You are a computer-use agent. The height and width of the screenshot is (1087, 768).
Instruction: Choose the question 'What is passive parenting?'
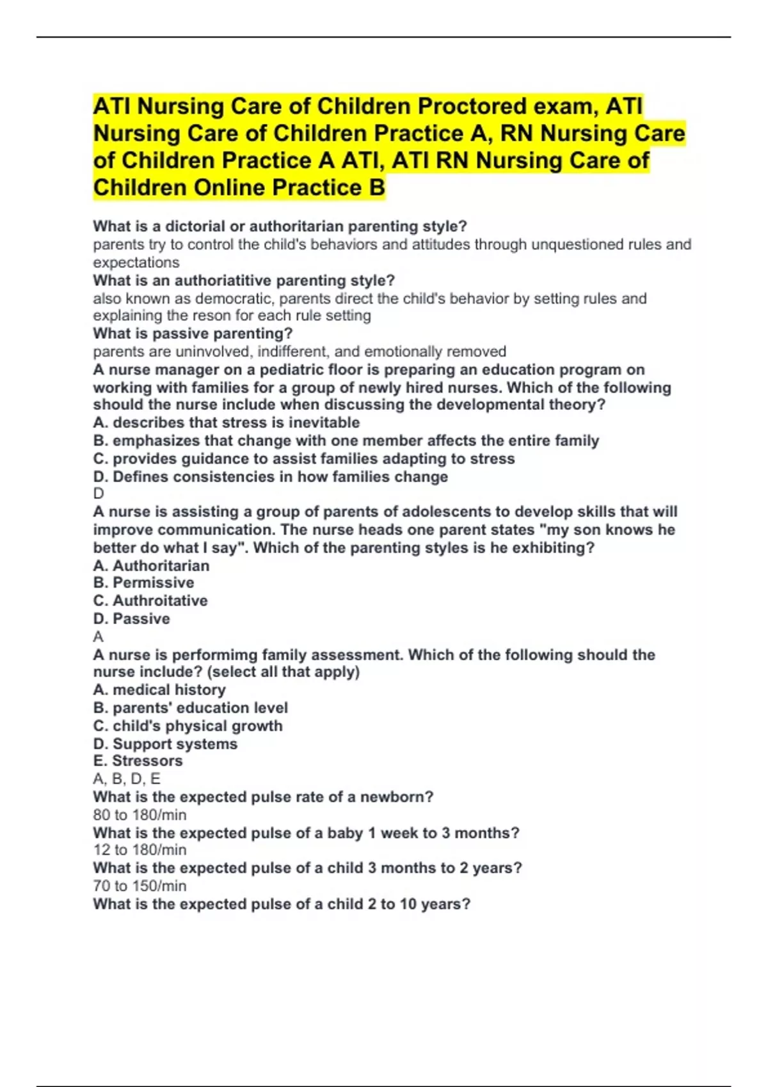coord(193,334)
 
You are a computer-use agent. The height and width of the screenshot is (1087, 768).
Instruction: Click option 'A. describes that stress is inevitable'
coord(226,423)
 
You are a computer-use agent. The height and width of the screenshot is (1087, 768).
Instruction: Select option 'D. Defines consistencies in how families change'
coord(270,477)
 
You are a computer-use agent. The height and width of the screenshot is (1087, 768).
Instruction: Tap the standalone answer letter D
coord(99,494)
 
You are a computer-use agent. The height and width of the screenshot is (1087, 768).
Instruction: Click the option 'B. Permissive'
coord(143,583)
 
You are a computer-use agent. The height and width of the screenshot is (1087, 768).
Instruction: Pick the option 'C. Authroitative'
coord(150,601)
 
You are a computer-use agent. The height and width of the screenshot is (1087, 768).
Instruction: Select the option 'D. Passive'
coord(131,619)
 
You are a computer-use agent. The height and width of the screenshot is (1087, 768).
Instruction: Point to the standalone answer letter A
coord(98,637)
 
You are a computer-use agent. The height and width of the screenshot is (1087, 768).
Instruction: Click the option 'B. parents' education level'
coord(190,708)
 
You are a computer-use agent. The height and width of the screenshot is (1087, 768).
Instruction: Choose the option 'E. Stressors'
coord(138,761)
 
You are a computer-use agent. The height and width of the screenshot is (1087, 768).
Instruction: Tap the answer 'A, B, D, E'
coord(127,779)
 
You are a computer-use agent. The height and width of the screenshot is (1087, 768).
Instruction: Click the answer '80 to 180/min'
coord(140,815)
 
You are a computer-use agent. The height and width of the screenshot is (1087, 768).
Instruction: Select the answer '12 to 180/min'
coord(140,850)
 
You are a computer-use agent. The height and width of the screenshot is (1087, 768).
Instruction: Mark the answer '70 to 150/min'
coord(140,886)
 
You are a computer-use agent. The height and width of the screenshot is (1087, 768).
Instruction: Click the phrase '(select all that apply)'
coord(284,672)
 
